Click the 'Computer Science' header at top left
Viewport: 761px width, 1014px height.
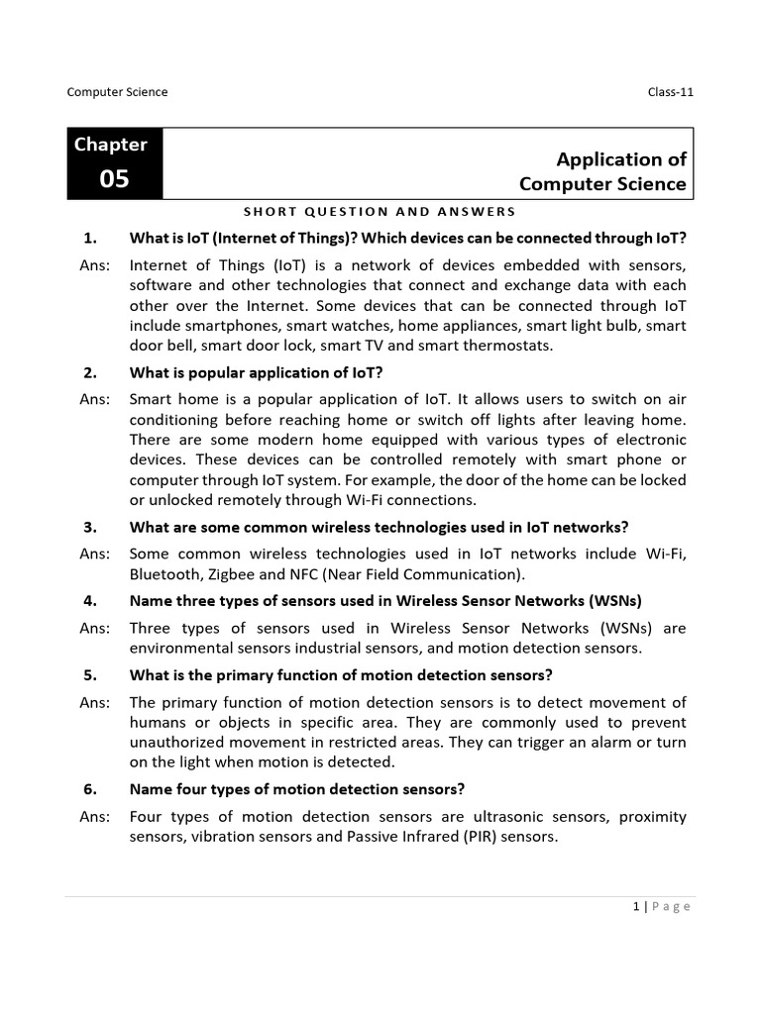point(117,92)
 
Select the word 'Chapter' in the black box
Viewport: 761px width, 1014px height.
point(110,145)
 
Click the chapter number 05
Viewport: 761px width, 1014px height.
point(114,180)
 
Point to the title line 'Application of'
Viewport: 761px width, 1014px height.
point(621,159)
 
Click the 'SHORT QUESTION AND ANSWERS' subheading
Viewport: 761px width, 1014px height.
point(380,211)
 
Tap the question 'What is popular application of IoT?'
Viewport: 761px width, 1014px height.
point(256,372)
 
